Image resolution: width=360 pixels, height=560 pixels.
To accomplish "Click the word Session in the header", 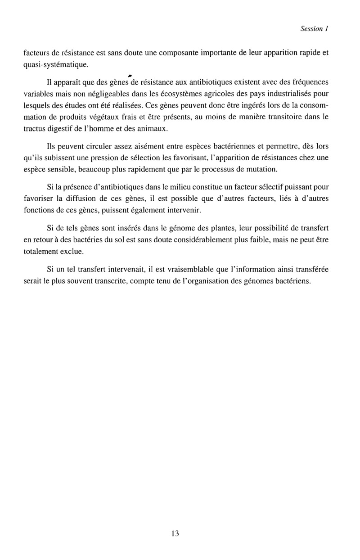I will click(310, 28).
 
